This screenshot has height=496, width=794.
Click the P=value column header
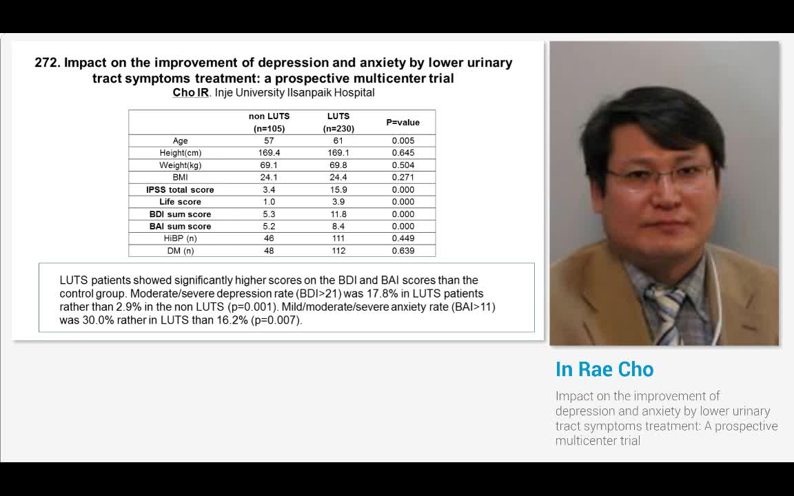pyautogui.click(x=403, y=123)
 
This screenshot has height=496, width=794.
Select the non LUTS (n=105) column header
pyautogui.click(x=269, y=123)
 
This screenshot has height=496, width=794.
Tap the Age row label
pyautogui.click(x=181, y=141)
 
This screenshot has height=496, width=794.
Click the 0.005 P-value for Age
pyautogui.click(x=403, y=141)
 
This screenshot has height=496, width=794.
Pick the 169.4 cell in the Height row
pyautogui.click(x=269, y=153)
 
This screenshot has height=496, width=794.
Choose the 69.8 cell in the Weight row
pyautogui.click(x=338, y=165)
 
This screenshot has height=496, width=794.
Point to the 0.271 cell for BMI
pyautogui.click(x=403, y=177)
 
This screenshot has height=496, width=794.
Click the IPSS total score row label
pyautogui.click(x=180, y=189)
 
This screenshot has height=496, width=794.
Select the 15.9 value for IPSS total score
pyautogui.click(x=338, y=189)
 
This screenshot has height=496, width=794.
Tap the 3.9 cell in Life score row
pyautogui.click(x=338, y=202)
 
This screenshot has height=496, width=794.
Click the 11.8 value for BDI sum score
pyautogui.click(x=338, y=214)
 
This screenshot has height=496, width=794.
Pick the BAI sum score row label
pyautogui.click(x=180, y=227)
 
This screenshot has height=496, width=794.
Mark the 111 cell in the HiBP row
pyautogui.click(x=338, y=238)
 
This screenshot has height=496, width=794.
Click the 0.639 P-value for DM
pyautogui.click(x=403, y=251)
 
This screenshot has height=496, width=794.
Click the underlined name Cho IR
pyautogui.click(x=190, y=92)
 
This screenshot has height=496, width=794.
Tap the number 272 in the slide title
pyautogui.click(x=47, y=63)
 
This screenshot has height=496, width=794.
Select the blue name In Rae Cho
pyautogui.click(x=604, y=369)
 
